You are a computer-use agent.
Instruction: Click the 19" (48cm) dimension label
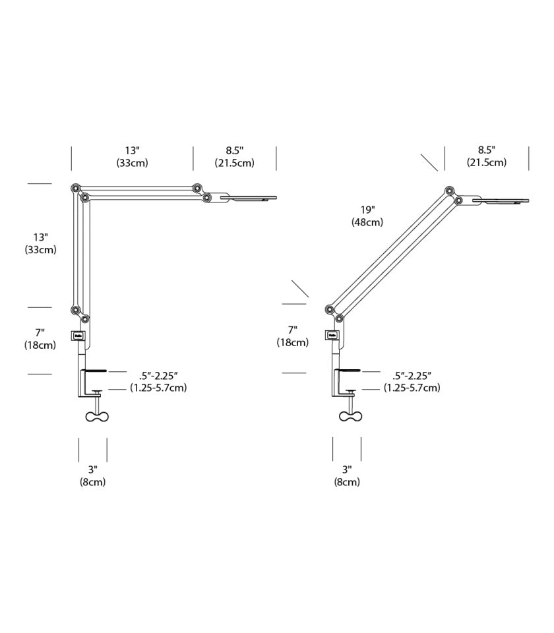[367, 216]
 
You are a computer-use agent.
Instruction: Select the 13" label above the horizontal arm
[132, 156]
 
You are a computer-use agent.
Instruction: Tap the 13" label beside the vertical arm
[40, 243]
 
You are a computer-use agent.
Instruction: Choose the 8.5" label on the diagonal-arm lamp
[487, 156]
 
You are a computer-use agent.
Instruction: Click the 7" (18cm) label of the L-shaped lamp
[40, 339]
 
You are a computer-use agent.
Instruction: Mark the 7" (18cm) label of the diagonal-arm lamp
[292, 336]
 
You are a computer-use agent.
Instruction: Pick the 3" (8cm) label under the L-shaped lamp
[92, 475]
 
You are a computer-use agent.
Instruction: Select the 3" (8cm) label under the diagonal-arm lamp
[347, 475]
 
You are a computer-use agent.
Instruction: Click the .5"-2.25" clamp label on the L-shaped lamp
[158, 381]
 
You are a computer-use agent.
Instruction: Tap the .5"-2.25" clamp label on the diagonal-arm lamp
[412, 381]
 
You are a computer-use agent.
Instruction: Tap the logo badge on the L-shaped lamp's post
[78, 336]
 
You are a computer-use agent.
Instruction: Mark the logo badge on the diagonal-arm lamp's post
[332, 336]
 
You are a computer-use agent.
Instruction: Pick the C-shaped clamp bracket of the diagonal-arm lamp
[339, 382]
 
